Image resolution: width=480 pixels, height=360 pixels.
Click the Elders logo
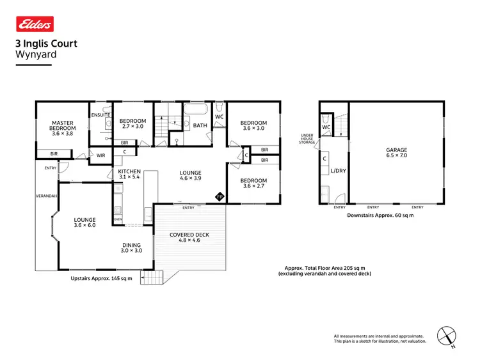[35, 25]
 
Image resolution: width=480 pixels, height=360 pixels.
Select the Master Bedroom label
[63, 126]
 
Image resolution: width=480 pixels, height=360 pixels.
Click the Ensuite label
[101, 115]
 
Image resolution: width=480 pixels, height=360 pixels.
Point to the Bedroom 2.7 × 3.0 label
[132, 124]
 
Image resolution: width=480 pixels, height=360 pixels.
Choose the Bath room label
[200, 126]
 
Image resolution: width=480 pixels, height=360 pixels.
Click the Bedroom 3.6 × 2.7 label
[253, 184]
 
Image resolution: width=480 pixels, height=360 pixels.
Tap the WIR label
[100, 155]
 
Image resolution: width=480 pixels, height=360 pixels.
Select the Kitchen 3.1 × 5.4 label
[129, 175]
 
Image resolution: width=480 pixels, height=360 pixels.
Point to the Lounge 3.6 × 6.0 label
[84, 222]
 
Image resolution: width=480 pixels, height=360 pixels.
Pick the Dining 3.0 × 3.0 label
[131, 248]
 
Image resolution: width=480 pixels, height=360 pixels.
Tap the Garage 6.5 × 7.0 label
[396, 153]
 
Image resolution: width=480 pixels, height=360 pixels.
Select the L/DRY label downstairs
[338, 171]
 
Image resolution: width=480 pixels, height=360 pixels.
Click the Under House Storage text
[307, 139]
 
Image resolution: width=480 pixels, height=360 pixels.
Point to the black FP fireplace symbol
[219, 196]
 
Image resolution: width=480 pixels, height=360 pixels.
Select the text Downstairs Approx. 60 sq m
[380, 215]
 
